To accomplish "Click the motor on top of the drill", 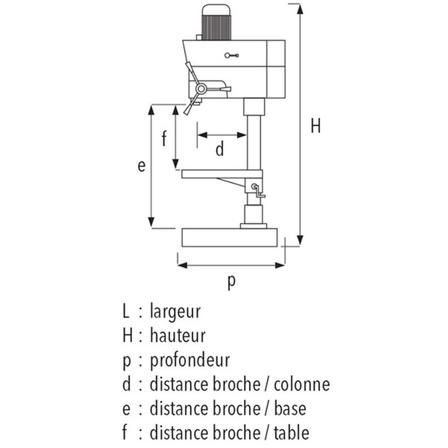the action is pyautogui.click(x=216, y=22).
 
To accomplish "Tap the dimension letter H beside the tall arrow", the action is pyautogui.click(x=316, y=126).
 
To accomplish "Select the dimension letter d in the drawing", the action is pyautogui.click(x=220, y=149).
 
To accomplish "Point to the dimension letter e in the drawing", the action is pyautogui.click(x=142, y=166).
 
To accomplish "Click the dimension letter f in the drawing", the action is pyautogui.click(x=164, y=138).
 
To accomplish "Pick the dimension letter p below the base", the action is pyautogui.click(x=232, y=282).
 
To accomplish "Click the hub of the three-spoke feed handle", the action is pyautogui.click(x=201, y=89).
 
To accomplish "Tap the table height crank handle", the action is pyautogui.click(x=258, y=191).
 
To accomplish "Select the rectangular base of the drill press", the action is pyautogui.click(x=230, y=237).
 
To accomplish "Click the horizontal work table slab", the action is pyautogui.click(x=222, y=174).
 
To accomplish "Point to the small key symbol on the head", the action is pyautogui.click(x=232, y=56).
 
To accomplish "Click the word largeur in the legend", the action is pyautogui.click(x=175, y=311).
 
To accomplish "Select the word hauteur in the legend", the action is pyautogui.click(x=178, y=336).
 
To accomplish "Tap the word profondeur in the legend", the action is pyautogui.click(x=190, y=361).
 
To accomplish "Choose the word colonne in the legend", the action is pyautogui.click(x=302, y=384).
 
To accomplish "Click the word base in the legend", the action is pyautogui.click(x=290, y=409).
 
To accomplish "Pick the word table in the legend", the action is pyautogui.click(x=292, y=433).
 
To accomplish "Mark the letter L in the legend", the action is pyautogui.click(x=126, y=311).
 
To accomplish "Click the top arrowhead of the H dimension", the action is pyautogui.click(x=300, y=9).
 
